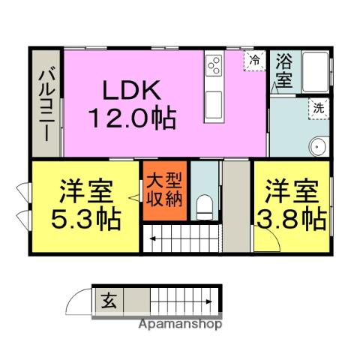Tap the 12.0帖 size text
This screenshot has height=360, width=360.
pos(133,119)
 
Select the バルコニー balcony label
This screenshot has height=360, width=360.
pos(44,104)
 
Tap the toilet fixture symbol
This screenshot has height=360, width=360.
pos(203,204)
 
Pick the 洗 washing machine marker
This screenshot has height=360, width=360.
pos(319,107)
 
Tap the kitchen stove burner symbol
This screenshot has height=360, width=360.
pos(213,65)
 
